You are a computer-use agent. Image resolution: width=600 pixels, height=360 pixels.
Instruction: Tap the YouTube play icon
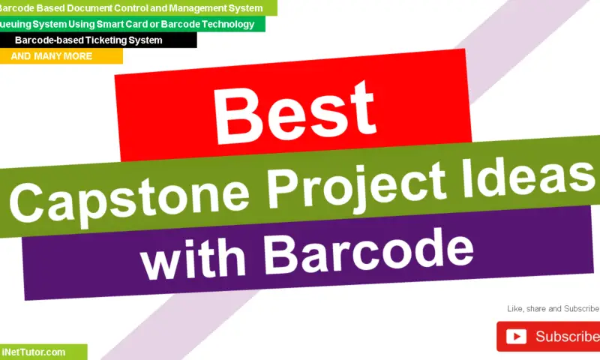(516, 337)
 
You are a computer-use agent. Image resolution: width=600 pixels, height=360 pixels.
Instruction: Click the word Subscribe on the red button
(567, 337)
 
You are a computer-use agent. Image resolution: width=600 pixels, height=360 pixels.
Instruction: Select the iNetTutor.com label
(34, 352)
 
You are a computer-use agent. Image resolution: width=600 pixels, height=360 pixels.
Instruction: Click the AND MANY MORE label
(52, 56)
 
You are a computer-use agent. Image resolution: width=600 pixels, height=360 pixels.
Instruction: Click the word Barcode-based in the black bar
(45, 40)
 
